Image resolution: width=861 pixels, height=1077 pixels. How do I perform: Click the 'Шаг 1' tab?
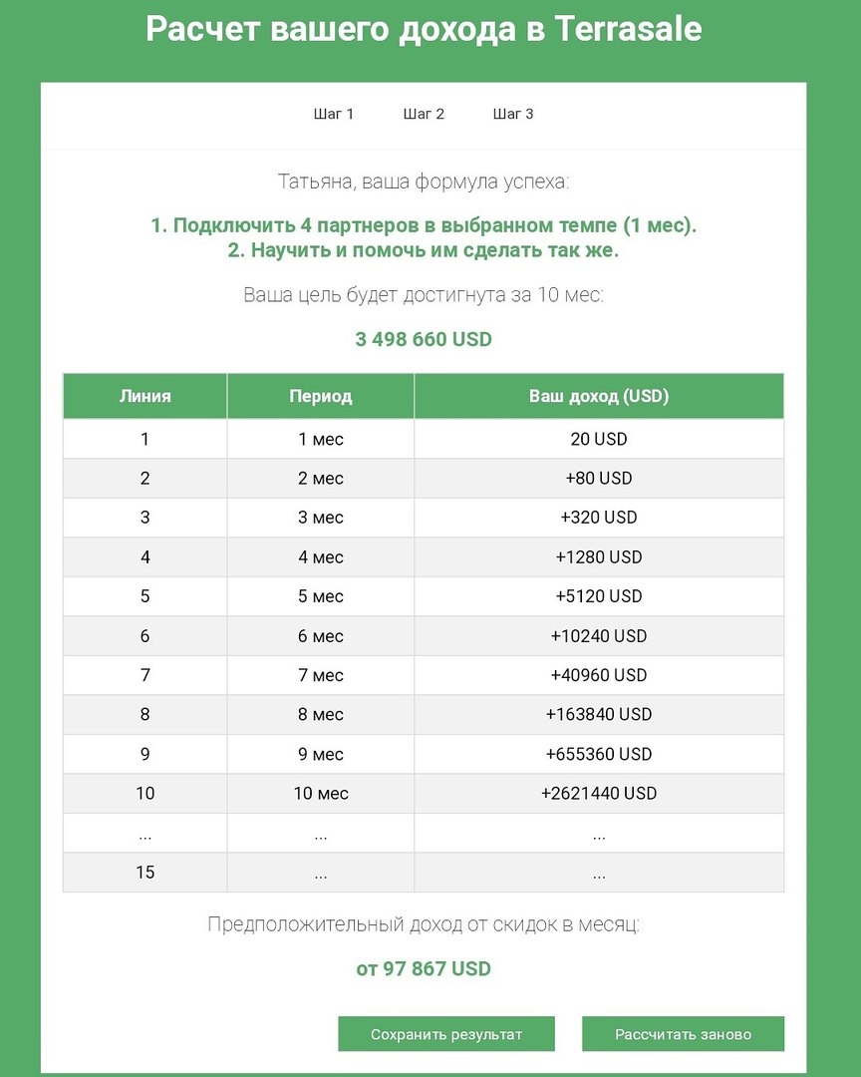pos(334,114)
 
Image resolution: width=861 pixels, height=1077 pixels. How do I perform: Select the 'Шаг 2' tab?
pos(424,114)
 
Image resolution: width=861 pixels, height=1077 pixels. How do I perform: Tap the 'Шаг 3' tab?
pos(513,114)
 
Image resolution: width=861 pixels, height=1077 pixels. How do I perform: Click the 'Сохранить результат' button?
pos(445,1034)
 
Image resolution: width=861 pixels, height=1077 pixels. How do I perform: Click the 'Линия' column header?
pos(145,396)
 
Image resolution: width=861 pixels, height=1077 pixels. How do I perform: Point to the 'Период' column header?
pos(321,396)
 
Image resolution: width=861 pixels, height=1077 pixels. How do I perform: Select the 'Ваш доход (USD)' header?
pos(598,396)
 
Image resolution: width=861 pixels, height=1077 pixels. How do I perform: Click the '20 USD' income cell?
pos(598,439)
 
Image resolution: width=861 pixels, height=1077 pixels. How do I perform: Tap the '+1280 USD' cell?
pos(598,556)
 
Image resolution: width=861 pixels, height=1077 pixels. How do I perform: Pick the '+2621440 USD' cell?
pos(598,794)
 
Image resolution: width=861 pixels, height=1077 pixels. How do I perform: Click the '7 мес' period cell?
pos(321,675)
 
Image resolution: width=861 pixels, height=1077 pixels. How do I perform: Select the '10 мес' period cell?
pos(321,794)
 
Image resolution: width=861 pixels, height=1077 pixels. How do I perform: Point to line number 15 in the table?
pos(145,873)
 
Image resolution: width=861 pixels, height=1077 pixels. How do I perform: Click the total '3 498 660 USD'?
pos(424,339)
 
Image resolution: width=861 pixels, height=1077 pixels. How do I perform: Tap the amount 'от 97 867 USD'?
pos(424,968)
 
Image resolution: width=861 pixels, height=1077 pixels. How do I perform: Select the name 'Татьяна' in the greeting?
pos(316,182)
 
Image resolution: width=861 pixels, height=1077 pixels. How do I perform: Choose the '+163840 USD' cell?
pos(598,715)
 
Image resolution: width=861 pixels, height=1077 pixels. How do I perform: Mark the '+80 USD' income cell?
pos(598,479)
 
